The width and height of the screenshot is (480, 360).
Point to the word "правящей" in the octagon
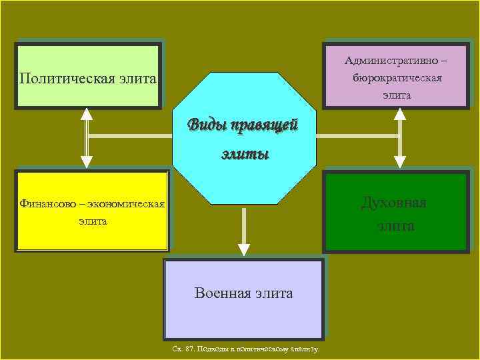pos(267,125)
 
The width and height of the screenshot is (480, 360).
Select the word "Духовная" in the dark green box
pos(393,202)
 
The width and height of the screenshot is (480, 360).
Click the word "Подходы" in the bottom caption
pos(212,349)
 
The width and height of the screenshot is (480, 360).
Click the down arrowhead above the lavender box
pos(244,249)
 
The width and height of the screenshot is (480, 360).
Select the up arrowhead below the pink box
pos(399,113)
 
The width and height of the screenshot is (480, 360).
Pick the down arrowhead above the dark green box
pos(399,161)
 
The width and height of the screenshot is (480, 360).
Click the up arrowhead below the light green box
pos(87,113)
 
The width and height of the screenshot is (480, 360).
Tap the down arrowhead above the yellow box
pos(87,161)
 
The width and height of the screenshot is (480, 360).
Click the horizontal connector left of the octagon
pos(130,136)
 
